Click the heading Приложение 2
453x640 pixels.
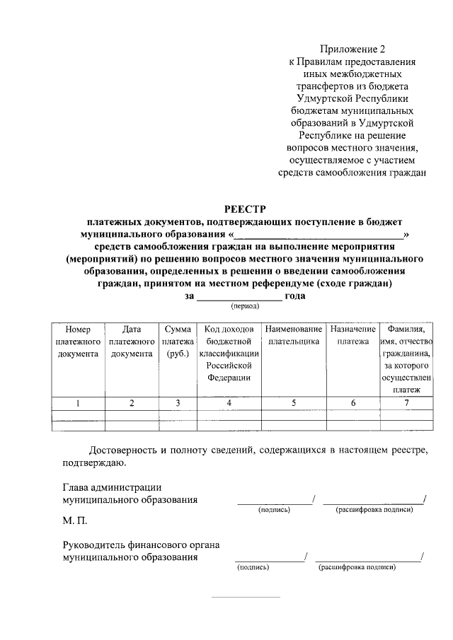point(352,49)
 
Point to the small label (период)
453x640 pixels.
point(243,307)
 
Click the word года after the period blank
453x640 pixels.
point(294,296)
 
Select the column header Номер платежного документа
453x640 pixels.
point(78,342)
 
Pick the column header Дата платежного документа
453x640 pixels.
point(132,342)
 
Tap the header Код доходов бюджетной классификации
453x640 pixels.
point(229,354)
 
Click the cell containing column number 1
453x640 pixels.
point(78,402)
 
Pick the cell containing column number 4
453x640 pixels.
point(229,402)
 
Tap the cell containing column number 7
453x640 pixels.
point(406,402)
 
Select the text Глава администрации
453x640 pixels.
point(112,487)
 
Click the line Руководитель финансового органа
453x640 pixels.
point(140,545)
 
